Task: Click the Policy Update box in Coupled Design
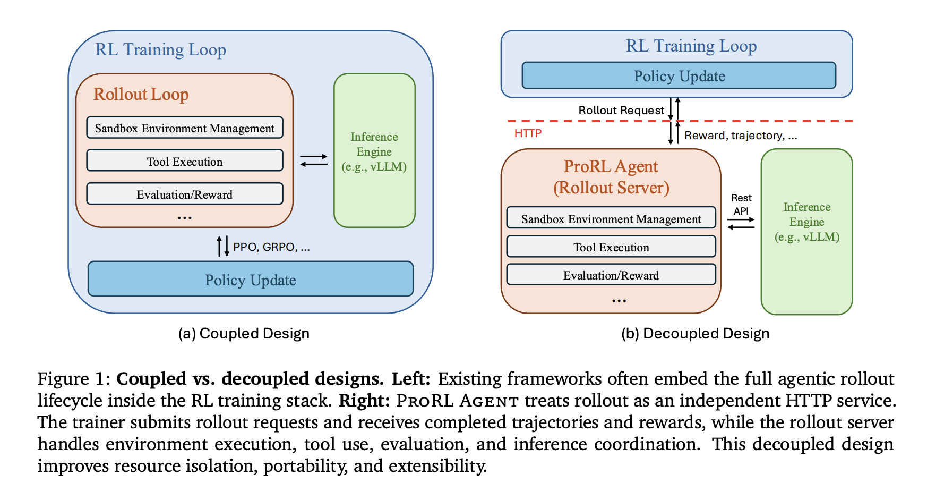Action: click(250, 280)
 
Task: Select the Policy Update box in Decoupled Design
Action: click(679, 76)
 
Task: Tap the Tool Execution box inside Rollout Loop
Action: click(184, 161)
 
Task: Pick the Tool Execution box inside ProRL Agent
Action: click(611, 247)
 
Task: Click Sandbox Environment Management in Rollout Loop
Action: click(184, 128)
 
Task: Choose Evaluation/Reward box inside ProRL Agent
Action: click(611, 275)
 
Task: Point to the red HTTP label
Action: click(528, 133)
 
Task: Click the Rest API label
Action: click(741, 205)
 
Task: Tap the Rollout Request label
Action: click(621, 111)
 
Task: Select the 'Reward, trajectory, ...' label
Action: click(740, 136)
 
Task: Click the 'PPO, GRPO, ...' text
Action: click(271, 247)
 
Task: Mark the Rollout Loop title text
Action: click(141, 94)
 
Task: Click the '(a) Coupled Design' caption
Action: click(244, 334)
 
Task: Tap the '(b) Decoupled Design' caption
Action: click(695, 334)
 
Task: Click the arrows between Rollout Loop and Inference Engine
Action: click(314, 160)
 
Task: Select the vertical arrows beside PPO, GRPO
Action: click(223, 247)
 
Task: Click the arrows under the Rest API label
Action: click(741, 223)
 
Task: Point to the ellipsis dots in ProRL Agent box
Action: click(619, 301)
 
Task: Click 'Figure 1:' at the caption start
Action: click(73, 379)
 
